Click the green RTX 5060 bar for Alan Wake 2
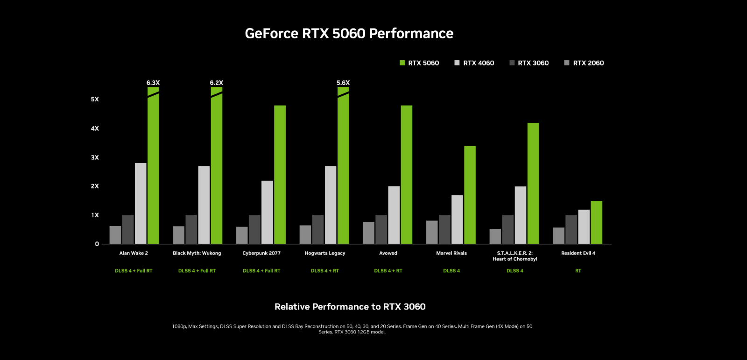(x=153, y=168)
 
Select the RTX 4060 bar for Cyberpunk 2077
(x=267, y=212)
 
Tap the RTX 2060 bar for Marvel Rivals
(x=432, y=233)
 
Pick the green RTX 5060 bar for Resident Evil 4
(x=596, y=223)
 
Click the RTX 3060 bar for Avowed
(x=381, y=230)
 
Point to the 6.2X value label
(x=216, y=83)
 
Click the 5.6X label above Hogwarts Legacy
(x=343, y=83)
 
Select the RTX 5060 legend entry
(x=419, y=63)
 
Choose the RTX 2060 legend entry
(x=584, y=63)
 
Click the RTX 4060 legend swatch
(x=457, y=63)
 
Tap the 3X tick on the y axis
(x=95, y=157)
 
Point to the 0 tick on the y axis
(x=97, y=244)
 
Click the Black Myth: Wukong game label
(x=197, y=253)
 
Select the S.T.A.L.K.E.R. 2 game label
(x=515, y=256)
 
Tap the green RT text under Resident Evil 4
(x=578, y=271)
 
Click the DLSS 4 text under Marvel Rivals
(x=451, y=271)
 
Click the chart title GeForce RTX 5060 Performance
(x=349, y=34)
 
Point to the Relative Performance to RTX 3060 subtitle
(x=350, y=307)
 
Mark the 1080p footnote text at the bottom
(x=352, y=329)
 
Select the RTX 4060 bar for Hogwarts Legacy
(x=331, y=205)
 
